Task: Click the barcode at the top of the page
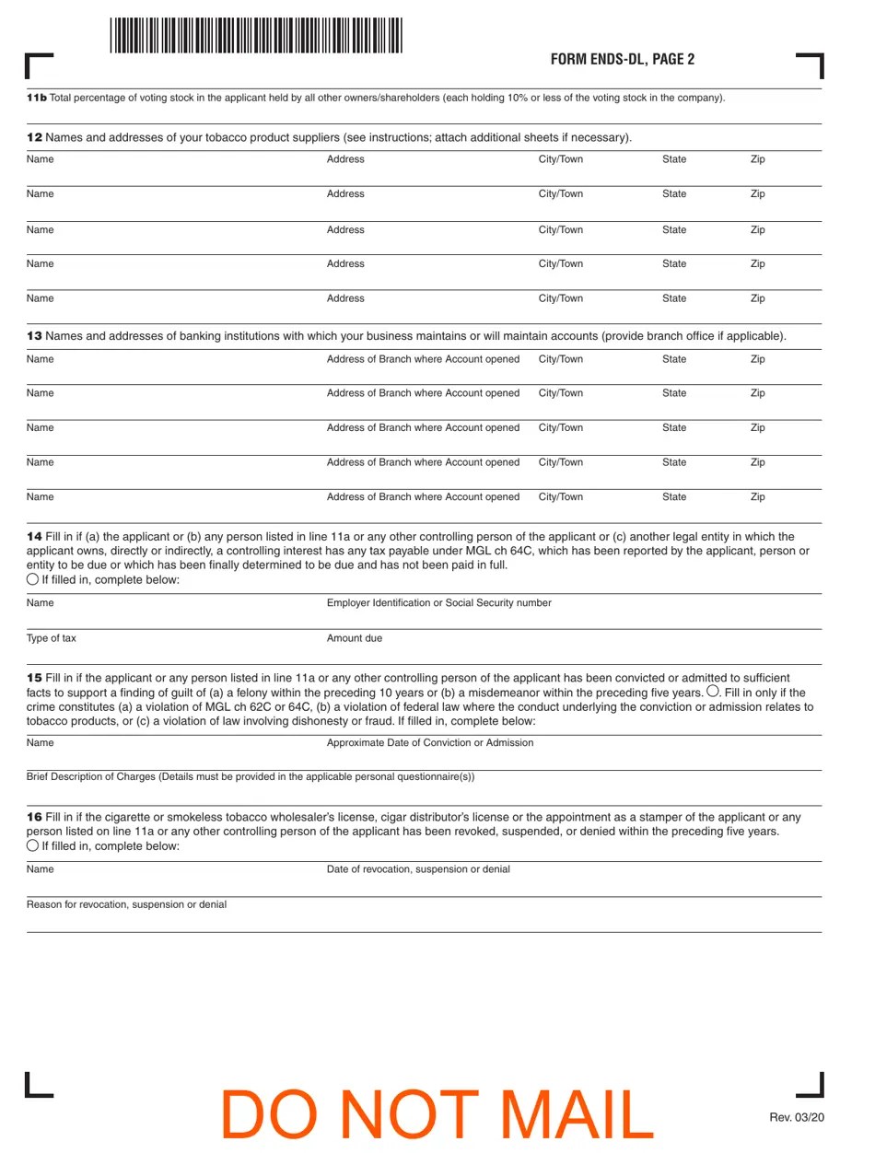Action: tap(256, 36)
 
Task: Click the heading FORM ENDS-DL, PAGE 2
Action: tap(622, 60)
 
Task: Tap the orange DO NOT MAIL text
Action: tap(437, 1115)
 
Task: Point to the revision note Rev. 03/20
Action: tap(797, 1118)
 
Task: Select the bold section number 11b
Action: tap(36, 98)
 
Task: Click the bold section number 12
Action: tap(34, 138)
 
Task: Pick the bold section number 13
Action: tap(34, 337)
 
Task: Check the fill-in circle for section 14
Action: tap(33, 579)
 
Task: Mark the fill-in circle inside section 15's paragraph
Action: tap(713, 692)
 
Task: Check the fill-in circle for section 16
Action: tap(33, 844)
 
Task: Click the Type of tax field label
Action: tap(52, 638)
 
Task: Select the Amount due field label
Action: tap(355, 638)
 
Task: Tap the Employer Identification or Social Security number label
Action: tap(439, 603)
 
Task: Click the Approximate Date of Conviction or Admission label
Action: tap(430, 742)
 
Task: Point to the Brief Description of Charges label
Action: tap(251, 776)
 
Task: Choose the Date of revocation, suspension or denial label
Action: tap(418, 869)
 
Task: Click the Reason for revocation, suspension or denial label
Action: tap(126, 904)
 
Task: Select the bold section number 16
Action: tap(34, 817)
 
